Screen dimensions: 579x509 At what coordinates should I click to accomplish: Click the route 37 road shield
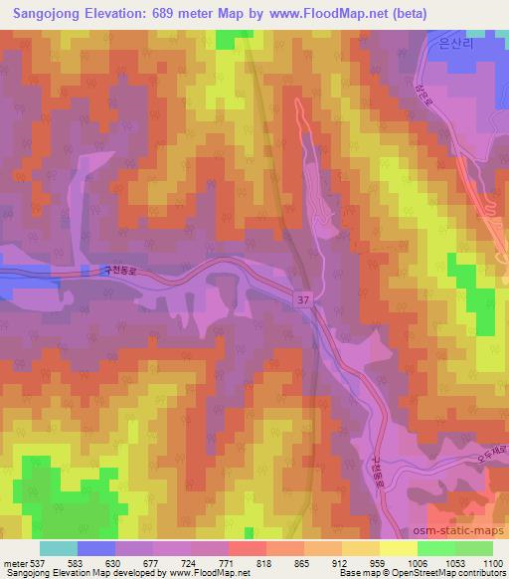[x=302, y=297]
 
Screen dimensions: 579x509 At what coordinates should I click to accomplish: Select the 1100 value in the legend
[x=491, y=564]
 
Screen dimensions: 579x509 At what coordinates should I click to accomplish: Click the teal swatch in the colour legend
[x=59, y=548]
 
